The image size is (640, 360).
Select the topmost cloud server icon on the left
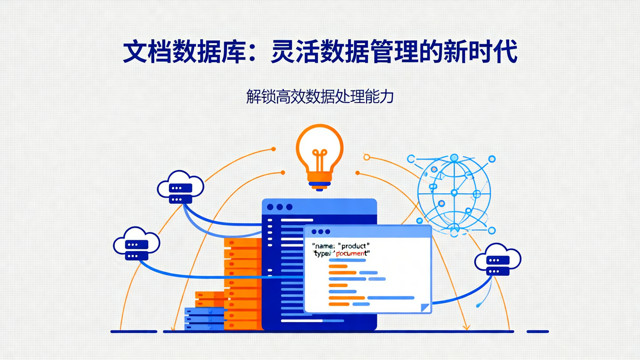180,187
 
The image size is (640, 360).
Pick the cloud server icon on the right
498,260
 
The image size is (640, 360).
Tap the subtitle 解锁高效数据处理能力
320,96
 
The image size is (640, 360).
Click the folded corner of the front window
425,307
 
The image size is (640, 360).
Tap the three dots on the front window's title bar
320,232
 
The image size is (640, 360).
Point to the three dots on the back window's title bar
280,207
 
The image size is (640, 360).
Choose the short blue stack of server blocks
204,319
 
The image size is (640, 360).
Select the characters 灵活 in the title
296,52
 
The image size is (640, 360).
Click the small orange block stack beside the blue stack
209,299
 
